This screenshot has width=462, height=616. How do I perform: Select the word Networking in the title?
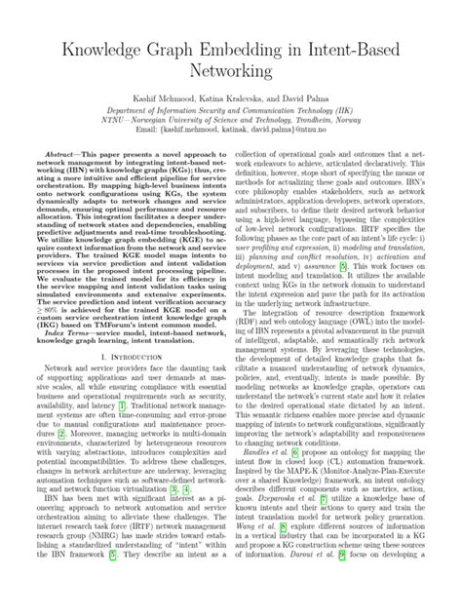(230, 71)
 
